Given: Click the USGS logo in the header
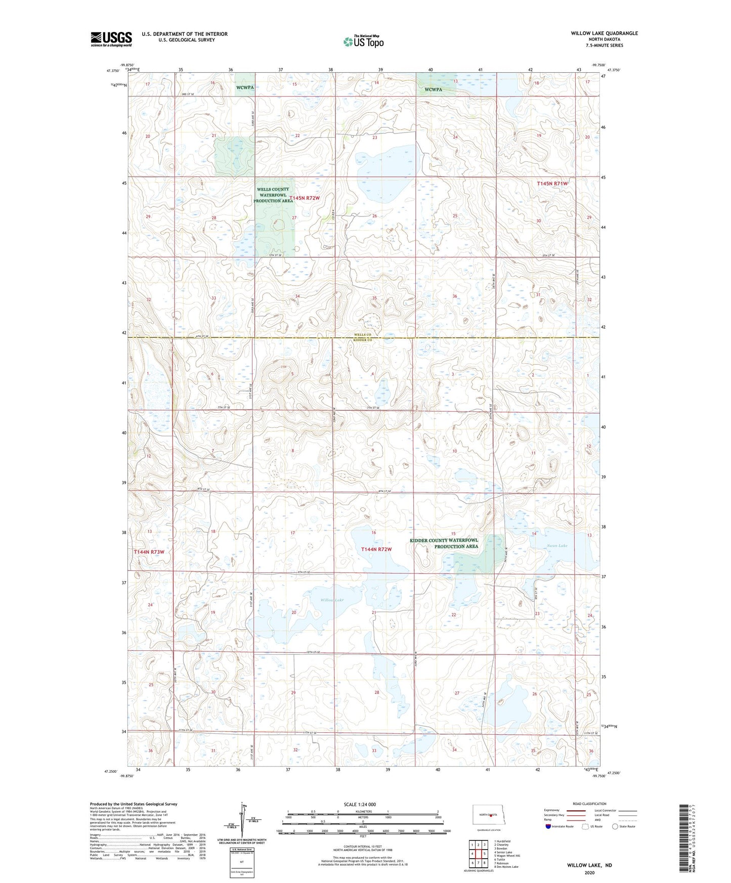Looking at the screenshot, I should point(111,39).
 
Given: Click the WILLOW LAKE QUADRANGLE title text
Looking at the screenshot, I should point(604,33).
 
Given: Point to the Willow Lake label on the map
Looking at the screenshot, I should point(331,600).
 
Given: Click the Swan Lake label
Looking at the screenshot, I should point(556,546).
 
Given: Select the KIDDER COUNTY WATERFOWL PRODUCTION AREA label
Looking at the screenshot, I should point(444,543).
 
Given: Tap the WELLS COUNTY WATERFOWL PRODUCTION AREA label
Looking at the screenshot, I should point(273,195).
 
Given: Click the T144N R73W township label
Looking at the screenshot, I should point(149,552).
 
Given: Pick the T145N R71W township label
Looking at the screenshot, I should point(552,184).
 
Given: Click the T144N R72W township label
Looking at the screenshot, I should point(376,549).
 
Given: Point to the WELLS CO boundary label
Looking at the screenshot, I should point(362,335).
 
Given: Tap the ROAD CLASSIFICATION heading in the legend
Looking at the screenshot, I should point(589,804).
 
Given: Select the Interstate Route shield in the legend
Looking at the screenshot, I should point(549,826).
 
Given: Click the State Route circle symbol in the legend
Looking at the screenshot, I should point(615,826).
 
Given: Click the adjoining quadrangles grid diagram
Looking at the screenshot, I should point(478,854).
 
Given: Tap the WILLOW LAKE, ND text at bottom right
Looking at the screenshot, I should point(589,865).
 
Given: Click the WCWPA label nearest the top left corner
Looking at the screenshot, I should point(245,87).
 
